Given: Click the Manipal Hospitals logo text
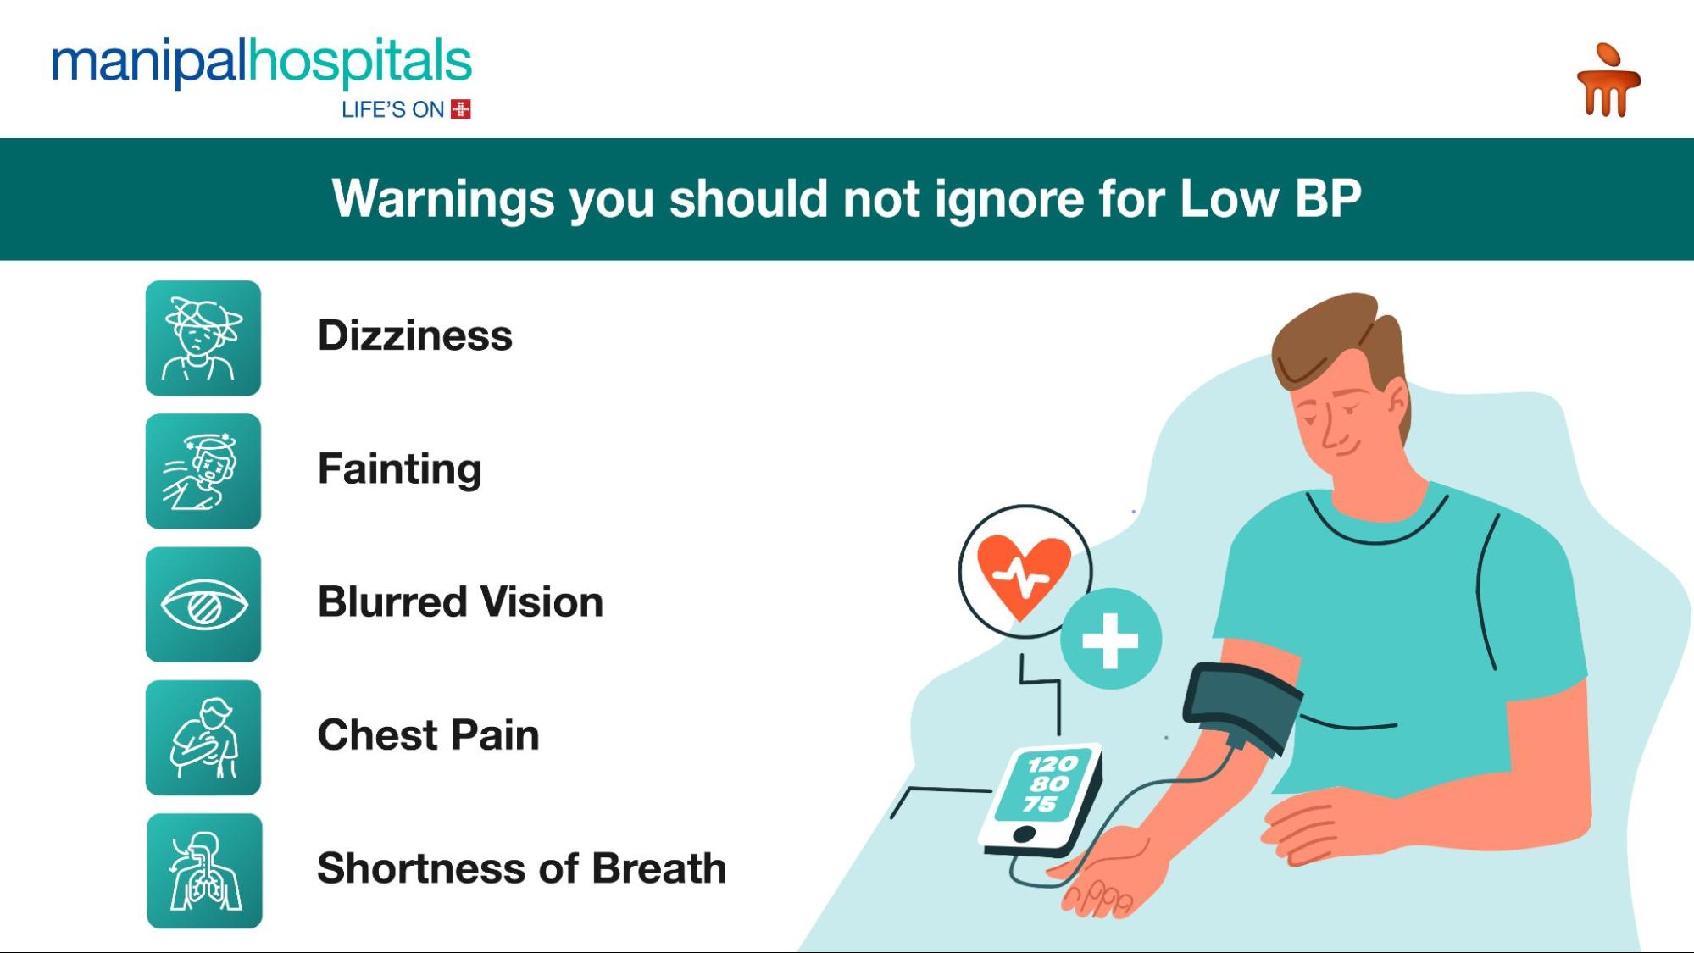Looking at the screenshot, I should (x=261, y=63).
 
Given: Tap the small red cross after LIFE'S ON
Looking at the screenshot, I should (x=461, y=109).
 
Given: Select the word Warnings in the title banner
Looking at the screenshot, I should (x=442, y=199).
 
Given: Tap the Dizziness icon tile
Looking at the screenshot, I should (x=203, y=338).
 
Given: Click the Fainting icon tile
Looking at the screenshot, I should (x=203, y=471).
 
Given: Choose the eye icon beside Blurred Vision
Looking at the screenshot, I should (x=203, y=605).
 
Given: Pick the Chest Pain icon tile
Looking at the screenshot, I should (x=203, y=738).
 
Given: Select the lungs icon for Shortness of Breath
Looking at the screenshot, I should (x=204, y=871).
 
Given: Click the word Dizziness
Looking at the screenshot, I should (x=414, y=335).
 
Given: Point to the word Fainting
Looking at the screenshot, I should (x=399, y=469).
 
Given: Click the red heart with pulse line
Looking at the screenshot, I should (x=1024, y=576).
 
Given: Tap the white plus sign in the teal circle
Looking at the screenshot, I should (x=1110, y=640).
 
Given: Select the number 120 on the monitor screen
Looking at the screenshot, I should (x=1053, y=764).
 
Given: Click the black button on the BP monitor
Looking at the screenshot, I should (x=1024, y=834).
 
